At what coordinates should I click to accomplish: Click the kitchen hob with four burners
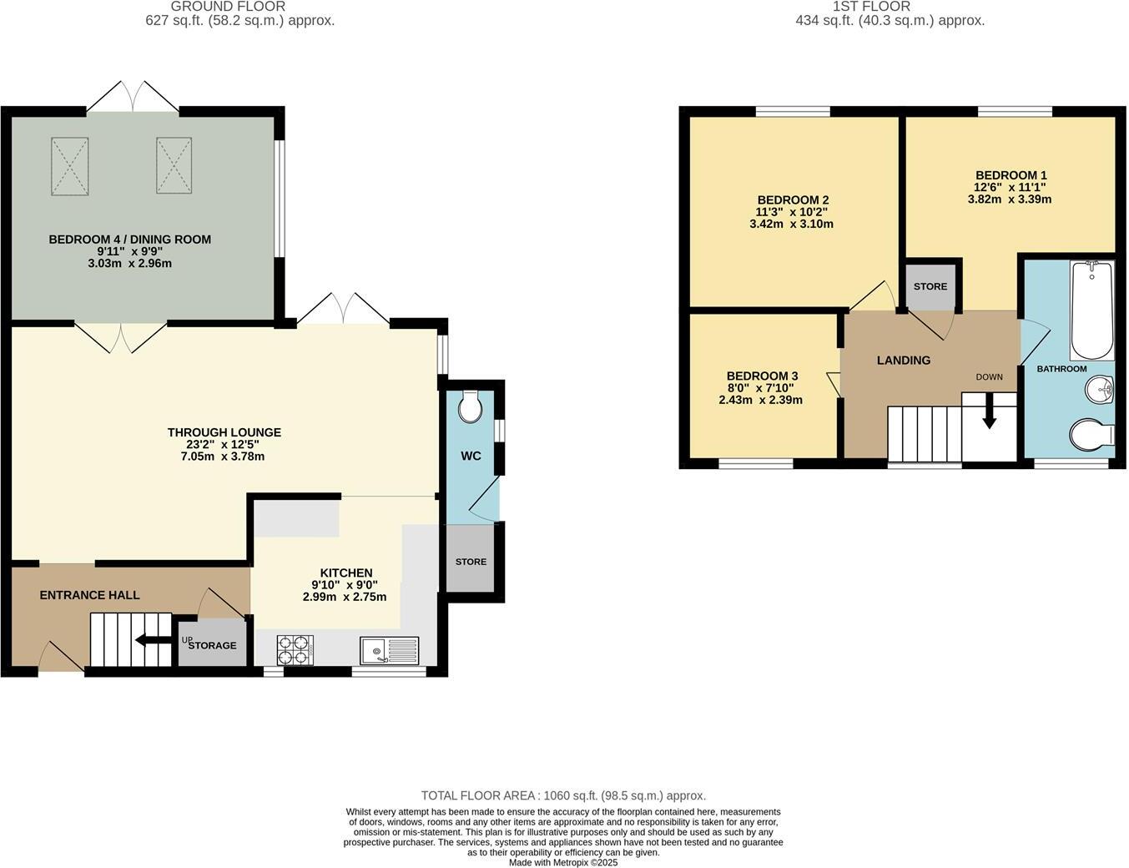pos(295,650)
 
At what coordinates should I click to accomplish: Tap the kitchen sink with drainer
pos(389,650)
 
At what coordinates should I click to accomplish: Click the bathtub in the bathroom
pos(1091,310)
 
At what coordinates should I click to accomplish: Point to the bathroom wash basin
pos(1099,389)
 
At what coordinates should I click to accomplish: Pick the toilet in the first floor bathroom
pos(1091,434)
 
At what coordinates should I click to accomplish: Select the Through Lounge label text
pos(224,432)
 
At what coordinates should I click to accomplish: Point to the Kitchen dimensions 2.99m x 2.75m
pos(345,597)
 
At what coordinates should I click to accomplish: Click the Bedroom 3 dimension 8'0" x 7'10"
pos(761,388)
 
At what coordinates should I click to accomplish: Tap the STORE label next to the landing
pos(930,286)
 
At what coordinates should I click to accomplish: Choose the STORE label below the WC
pos(471,562)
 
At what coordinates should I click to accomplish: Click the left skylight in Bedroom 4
pos(69,166)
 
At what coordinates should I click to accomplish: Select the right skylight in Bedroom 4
pos(174,165)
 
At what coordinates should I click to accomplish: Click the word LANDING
pos(904,360)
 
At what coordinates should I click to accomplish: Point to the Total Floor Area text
pos(563,795)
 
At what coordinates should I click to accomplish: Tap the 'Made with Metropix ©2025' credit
pos(563,863)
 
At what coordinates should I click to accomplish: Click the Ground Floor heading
pos(228,6)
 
